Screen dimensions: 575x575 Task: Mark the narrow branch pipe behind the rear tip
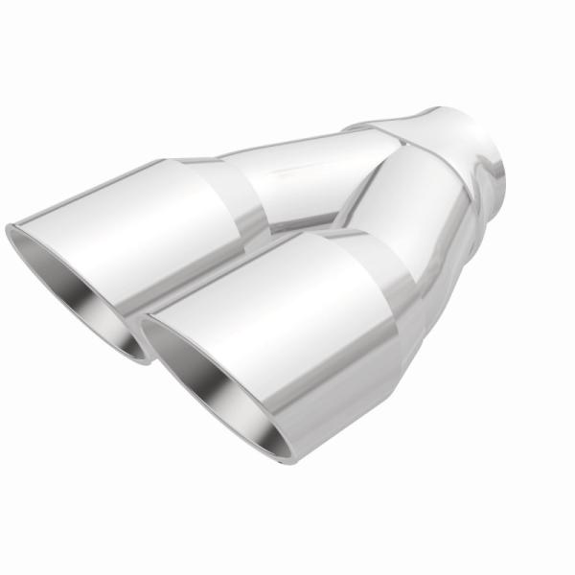[x=307, y=168]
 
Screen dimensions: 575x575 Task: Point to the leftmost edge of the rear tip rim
[x=9, y=230]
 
